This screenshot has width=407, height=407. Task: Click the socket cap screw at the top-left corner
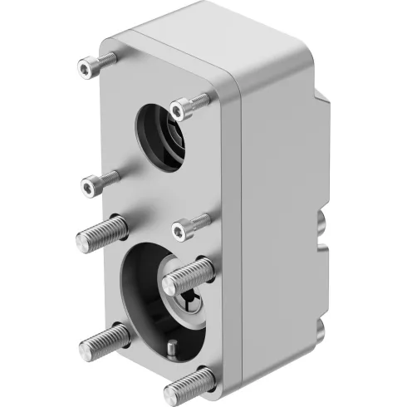click(x=93, y=63)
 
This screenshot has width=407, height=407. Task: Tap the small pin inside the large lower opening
click(x=171, y=347)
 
